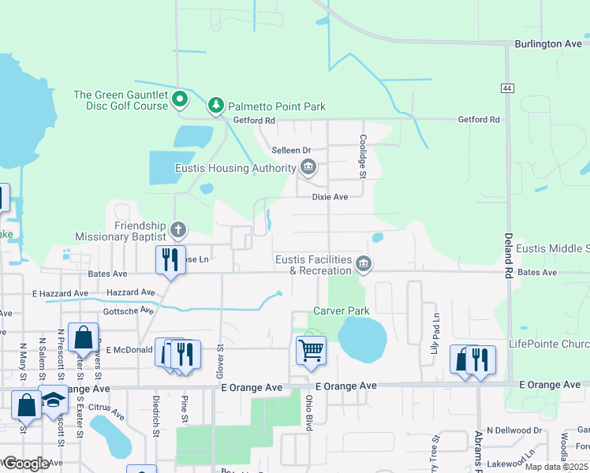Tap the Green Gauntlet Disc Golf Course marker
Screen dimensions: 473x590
point(180,99)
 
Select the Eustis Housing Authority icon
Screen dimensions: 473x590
point(308,167)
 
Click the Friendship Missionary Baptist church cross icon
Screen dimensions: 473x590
point(179,230)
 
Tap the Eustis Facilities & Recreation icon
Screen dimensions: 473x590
point(364,263)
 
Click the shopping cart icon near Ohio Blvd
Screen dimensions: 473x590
point(311,349)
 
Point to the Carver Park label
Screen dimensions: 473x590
point(342,311)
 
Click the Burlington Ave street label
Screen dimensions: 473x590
point(547,44)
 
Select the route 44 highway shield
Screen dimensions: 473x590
point(506,88)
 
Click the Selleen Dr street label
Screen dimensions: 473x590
point(291,150)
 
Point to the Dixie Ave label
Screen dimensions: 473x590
point(330,197)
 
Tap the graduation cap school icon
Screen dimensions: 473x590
point(54,400)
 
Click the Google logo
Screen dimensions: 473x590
point(25,463)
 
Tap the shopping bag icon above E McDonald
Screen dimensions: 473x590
point(83,337)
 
